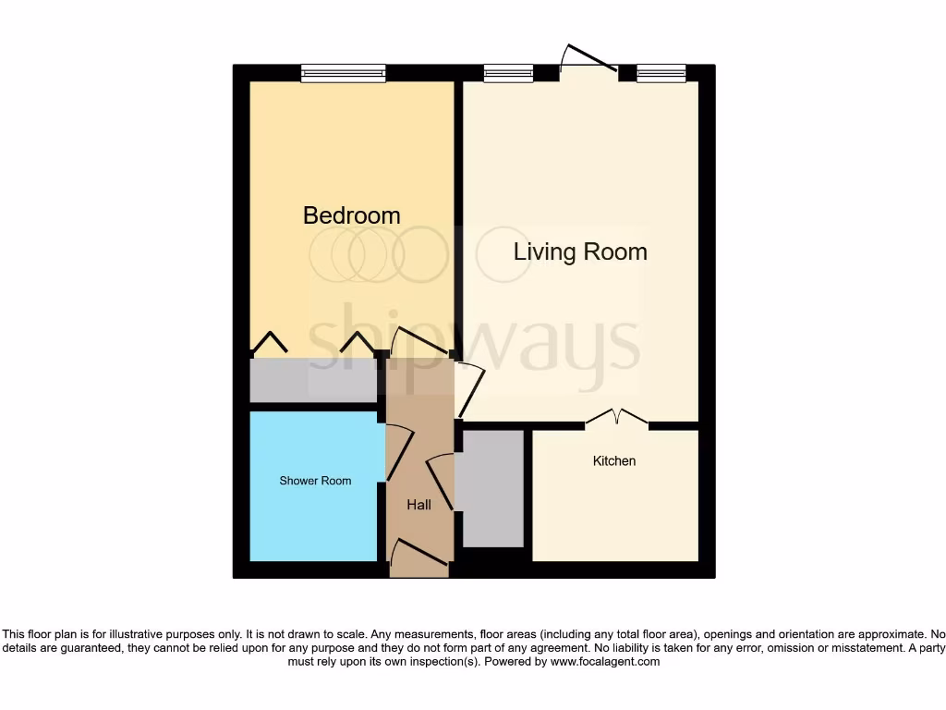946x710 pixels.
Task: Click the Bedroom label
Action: (352, 215)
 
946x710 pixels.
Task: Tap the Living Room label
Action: (580, 251)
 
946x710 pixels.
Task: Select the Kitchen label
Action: (614, 460)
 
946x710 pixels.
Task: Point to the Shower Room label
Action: (316, 481)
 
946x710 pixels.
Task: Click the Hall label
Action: (419, 505)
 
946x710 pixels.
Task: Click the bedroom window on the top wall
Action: (343, 73)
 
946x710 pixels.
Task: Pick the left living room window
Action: (508, 73)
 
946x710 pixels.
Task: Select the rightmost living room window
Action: (661, 73)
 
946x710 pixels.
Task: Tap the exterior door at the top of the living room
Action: (589, 59)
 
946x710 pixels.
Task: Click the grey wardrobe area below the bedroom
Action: (312, 380)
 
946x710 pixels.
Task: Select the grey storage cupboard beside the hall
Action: (492, 488)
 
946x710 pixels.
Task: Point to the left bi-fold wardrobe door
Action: (270, 343)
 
